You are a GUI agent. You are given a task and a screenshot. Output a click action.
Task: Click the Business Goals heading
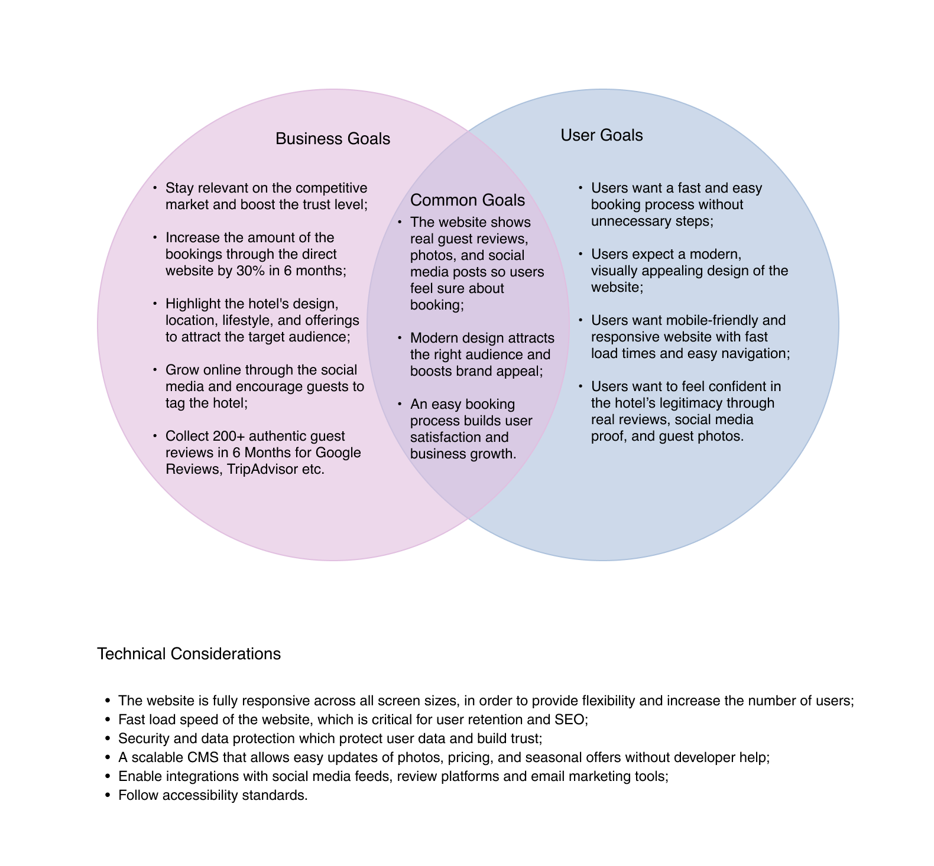pyautogui.click(x=333, y=139)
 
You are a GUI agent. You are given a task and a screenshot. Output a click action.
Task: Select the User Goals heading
pyautogui.click(x=601, y=135)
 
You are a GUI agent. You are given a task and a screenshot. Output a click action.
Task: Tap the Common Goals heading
pyautogui.click(x=468, y=200)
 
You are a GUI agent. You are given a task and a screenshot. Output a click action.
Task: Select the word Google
pyautogui.click(x=338, y=452)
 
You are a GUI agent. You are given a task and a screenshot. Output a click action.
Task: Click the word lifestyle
pyautogui.click(x=247, y=320)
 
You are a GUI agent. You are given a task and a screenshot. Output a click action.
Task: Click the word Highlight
pyautogui.click(x=193, y=304)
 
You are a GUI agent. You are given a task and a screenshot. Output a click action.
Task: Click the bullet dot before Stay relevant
pyautogui.click(x=155, y=188)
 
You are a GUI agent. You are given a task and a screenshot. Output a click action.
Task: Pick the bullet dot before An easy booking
pyautogui.click(x=400, y=404)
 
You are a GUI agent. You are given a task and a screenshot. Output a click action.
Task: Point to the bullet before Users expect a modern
pyautogui.click(x=580, y=254)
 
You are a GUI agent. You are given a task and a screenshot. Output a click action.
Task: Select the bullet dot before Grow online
pyautogui.click(x=155, y=370)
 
